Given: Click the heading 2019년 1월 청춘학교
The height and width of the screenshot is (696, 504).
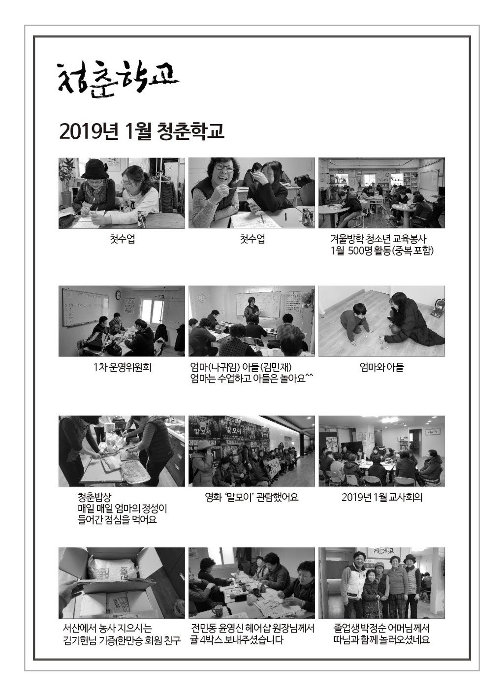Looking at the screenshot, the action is click(x=141, y=131).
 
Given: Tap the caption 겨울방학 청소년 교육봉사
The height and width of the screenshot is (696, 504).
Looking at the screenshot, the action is click(x=378, y=239).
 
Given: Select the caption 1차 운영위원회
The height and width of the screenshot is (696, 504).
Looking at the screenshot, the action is click(x=122, y=368).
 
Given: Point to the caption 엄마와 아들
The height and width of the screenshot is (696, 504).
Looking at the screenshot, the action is click(x=381, y=368).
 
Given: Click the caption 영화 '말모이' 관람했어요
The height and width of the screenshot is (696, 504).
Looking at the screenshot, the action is click(x=252, y=498).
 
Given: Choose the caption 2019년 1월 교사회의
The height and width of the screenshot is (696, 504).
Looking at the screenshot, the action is click(x=382, y=498).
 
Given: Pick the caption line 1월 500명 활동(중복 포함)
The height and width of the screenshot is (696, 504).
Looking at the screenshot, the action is click(x=382, y=251).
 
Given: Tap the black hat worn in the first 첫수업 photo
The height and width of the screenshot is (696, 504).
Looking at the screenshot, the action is click(x=94, y=168).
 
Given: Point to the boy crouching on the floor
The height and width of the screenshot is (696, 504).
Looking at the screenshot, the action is click(x=354, y=323).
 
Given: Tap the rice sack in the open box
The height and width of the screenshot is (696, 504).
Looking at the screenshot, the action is click(x=114, y=568).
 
